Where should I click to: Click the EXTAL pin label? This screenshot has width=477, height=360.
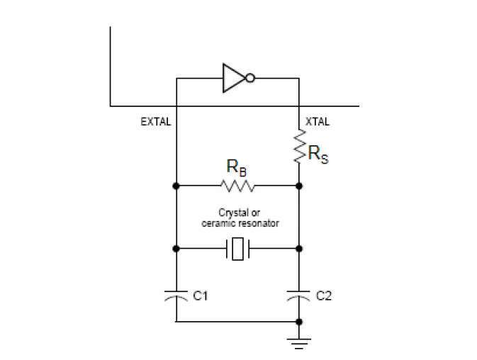[156, 122]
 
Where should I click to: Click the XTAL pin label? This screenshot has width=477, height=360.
[318, 122]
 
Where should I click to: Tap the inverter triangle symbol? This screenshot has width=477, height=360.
[234, 78]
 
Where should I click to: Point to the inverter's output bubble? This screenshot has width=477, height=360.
[250, 79]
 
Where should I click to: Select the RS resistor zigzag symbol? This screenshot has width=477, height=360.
[299, 146]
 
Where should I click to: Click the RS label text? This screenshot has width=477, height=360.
[318, 154]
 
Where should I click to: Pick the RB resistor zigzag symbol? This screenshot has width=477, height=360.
[237, 186]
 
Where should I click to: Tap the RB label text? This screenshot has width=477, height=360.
[236, 167]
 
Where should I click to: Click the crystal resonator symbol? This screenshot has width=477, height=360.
[238, 249]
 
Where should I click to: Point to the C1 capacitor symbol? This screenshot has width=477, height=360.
[176, 296]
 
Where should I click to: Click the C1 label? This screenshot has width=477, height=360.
[201, 296]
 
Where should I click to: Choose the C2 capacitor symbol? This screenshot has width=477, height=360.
[298, 296]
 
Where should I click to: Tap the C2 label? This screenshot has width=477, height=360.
[324, 296]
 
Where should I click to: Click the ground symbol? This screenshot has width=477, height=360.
[299, 344]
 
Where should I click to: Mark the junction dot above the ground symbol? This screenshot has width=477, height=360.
[299, 322]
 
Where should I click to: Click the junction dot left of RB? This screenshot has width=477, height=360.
[176, 186]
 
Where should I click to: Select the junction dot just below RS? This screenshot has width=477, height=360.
[299, 186]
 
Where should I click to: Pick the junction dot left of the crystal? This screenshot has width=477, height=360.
[176, 249]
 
